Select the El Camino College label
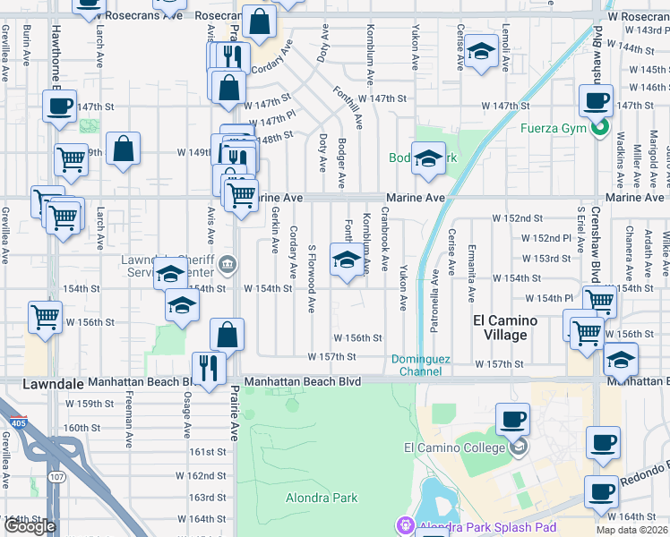coord(455,447)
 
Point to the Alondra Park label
coord(321,498)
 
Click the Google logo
coord(30,526)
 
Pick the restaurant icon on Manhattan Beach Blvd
coord(209,369)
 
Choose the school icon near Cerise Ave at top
coord(481,53)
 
